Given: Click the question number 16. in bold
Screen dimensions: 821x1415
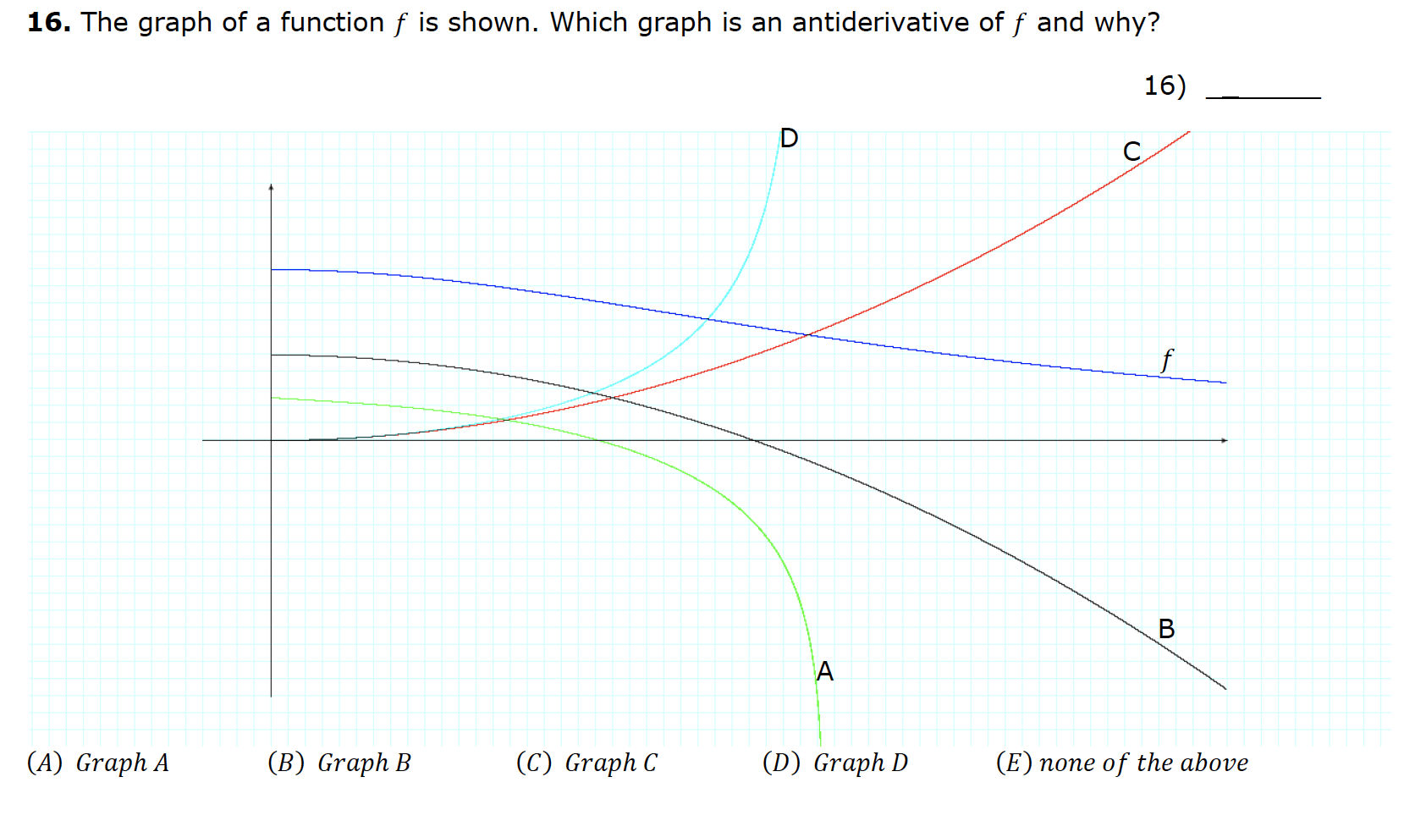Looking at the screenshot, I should (x=48, y=23).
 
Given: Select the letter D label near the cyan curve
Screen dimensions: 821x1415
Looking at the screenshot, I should (x=789, y=138).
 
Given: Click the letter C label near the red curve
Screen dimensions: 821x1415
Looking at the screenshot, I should (x=1131, y=152).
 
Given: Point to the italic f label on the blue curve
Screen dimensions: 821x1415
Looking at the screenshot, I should (x=1167, y=360).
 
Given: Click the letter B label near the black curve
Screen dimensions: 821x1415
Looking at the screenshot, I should (x=1166, y=629).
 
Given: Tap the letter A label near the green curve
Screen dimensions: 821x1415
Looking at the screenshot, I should (x=825, y=671).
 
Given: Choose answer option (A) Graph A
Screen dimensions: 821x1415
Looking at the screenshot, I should (x=98, y=763).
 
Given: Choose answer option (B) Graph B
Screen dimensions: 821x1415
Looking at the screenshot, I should (x=339, y=763).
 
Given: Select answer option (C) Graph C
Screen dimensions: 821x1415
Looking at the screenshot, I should (x=586, y=763).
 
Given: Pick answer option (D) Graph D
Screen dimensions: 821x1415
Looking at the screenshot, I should (x=834, y=763).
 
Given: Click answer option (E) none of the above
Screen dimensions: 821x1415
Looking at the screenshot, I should (x=1121, y=763).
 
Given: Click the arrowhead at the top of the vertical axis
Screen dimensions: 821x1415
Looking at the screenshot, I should (x=271, y=186).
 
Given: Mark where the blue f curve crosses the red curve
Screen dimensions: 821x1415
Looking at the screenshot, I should (x=809, y=335).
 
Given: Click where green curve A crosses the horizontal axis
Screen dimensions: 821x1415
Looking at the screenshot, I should (x=597, y=440).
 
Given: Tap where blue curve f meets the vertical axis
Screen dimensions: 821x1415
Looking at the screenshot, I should (x=272, y=269).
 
